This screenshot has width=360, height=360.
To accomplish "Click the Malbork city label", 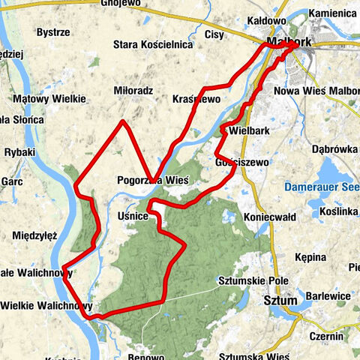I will (289, 43).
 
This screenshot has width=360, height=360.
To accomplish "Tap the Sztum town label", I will (276, 301).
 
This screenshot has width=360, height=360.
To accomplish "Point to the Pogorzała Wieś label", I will (152, 180).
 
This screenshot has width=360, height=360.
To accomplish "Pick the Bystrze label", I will (55, 33).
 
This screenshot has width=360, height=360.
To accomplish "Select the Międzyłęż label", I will (35, 235).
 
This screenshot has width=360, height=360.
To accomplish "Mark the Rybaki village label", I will (19, 152).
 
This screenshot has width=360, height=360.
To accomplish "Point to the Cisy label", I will (215, 34).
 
